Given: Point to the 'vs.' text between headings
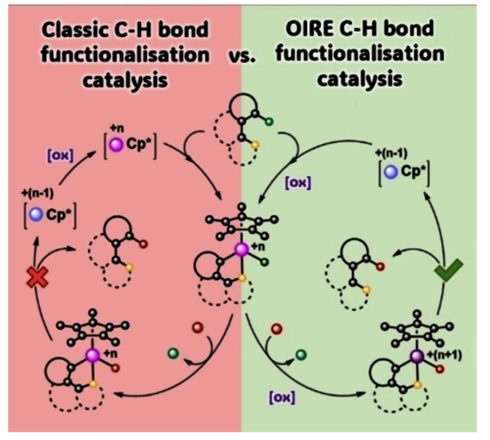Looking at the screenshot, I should click(242, 60).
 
